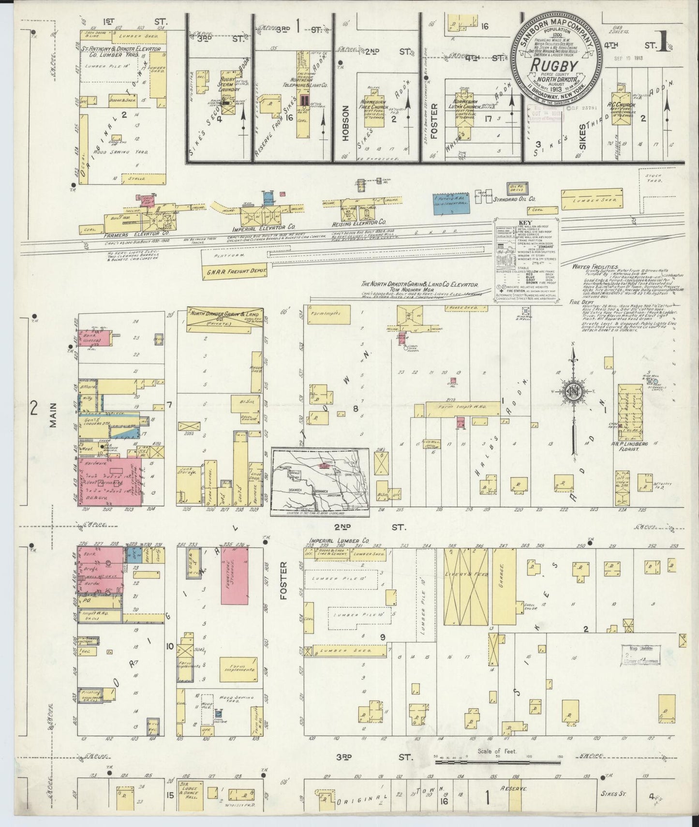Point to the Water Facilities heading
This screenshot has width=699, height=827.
(x=594, y=266)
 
